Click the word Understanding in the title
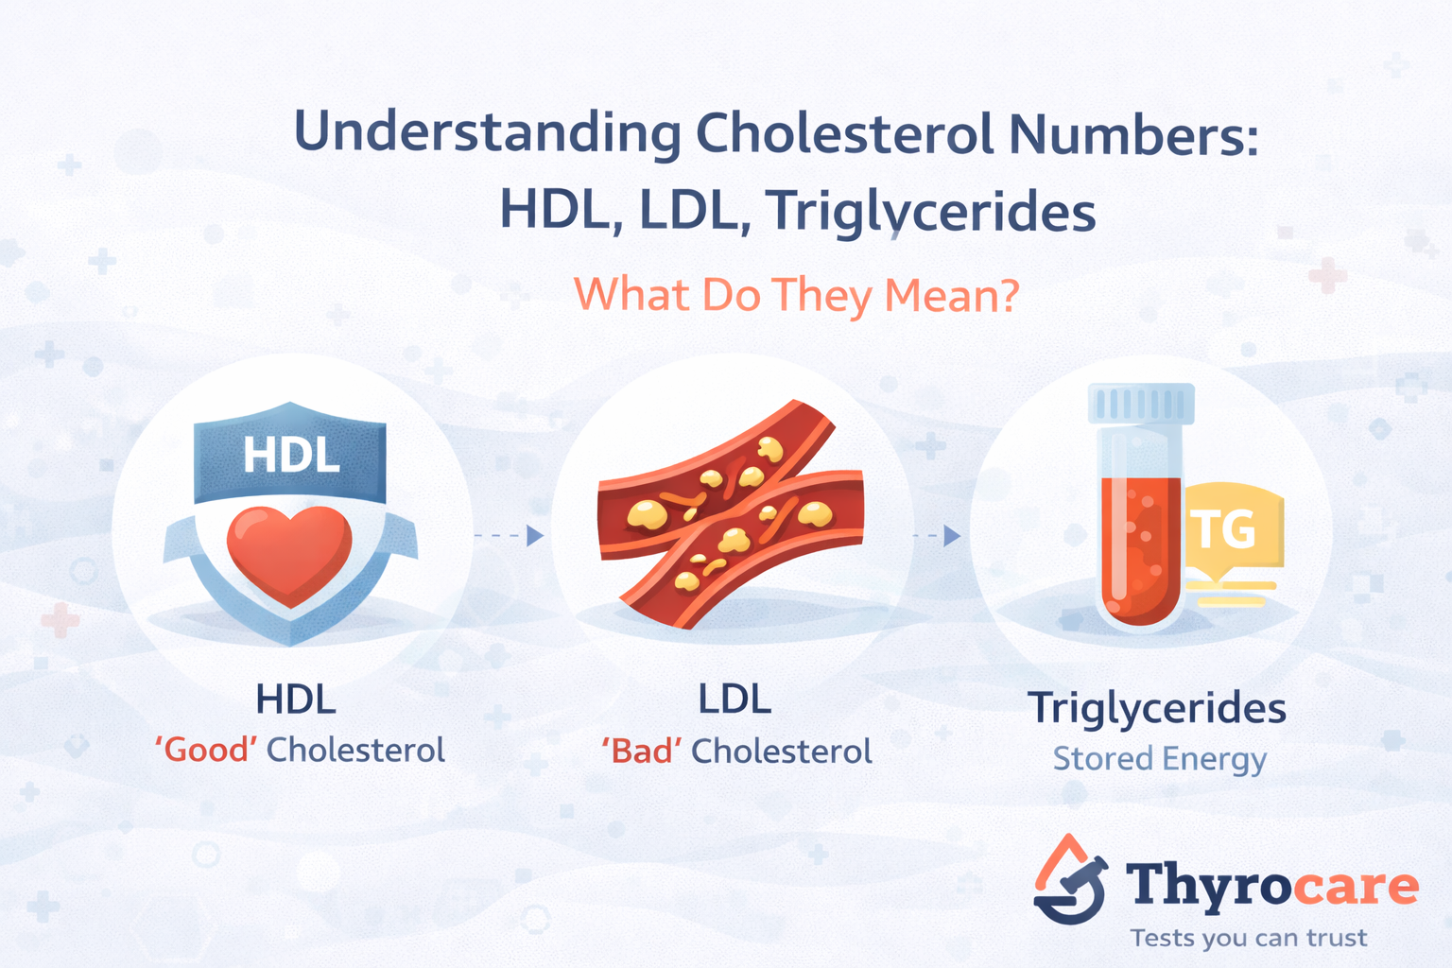tap(487, 133)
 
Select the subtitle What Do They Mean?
tap(796, 296)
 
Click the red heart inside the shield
tap(289, 553)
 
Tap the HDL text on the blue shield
tap(291, 455)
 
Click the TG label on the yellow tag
tap(1225, 530)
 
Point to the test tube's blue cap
tap(1141, 404)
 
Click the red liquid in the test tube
tap(1141, 548)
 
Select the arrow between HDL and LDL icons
tap(510, 536)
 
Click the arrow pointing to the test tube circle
tap(938, 536)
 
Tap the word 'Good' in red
tap(206, 751)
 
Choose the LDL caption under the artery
tap(735, 700)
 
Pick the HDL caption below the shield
tap(296, 700)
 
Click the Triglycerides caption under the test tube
tap(1157, 708)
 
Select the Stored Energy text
tap(1159, 759)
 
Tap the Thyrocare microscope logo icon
tap(1070, 881)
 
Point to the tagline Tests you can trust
tap(1248, 938)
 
